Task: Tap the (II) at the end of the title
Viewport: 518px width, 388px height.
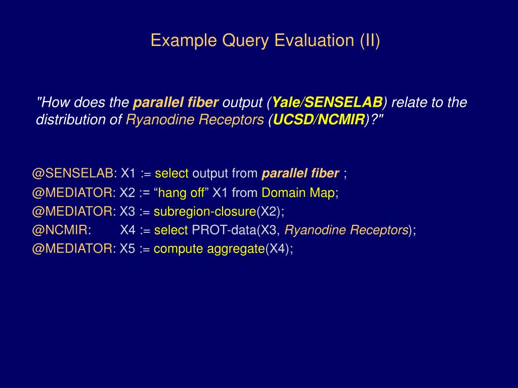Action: [370, 40]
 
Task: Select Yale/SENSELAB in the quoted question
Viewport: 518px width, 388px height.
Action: [327, 102]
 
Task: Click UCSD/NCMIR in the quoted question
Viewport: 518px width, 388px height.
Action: [319, 119]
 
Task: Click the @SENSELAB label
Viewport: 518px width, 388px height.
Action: [73, 173]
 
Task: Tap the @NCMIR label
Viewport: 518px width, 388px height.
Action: [60, 230]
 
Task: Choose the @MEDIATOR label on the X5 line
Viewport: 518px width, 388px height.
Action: [72, 249]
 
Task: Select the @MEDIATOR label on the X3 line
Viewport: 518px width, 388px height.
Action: [72, 211]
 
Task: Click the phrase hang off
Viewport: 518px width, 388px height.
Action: [182, 192]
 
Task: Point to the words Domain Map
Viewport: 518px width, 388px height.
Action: [298, 192]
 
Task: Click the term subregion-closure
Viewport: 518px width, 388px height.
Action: [205, 212]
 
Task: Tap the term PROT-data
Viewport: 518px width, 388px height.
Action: [224, 230]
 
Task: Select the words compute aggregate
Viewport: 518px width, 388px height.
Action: [209, 249]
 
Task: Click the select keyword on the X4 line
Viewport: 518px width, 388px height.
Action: [171, 230]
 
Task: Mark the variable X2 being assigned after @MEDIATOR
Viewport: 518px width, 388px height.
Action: [127, 192]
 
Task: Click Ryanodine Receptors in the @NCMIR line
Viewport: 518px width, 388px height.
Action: [346, 230]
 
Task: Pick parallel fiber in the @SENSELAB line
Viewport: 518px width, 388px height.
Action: [300, 173]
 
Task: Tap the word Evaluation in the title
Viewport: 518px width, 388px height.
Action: [314, 40]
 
